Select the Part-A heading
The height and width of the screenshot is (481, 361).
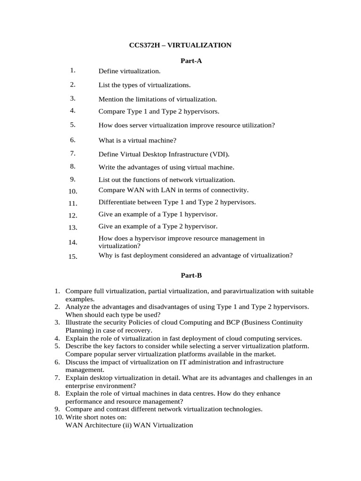[x=191, y=61]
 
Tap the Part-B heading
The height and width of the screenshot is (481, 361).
[x=191, y=276]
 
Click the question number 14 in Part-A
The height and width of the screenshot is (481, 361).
[x=72, y=242]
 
